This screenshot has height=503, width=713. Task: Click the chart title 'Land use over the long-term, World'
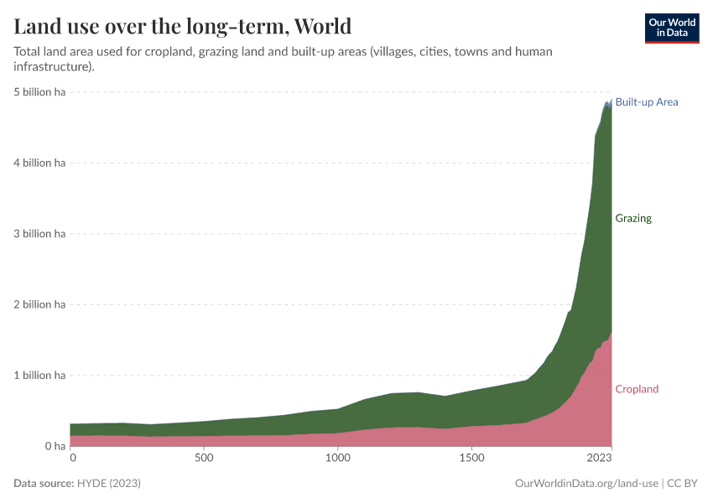click(182, 26)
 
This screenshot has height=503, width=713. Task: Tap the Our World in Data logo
click(671, 28)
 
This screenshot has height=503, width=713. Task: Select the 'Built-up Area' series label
click(646, 102)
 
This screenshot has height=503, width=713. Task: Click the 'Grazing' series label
click(633, 219)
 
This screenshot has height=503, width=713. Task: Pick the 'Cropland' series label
click(637, 389)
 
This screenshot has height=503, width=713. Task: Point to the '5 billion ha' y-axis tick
click(39, 92)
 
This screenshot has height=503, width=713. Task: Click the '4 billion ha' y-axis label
click(39, 163)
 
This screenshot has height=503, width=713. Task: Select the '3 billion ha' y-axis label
click(39, 234)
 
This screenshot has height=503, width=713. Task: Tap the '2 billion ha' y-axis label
click(39, 304)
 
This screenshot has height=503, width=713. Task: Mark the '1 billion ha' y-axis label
click(39, 376)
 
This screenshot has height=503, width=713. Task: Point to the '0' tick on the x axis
click(72, 459)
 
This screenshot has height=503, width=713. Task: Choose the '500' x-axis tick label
click(204, 459)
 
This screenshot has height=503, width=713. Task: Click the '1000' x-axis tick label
click(336, 459)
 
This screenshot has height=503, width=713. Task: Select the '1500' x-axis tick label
click(472, 459)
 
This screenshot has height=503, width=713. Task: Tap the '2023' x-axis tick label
click(599, 459)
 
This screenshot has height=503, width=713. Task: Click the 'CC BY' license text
click(683, 484)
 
